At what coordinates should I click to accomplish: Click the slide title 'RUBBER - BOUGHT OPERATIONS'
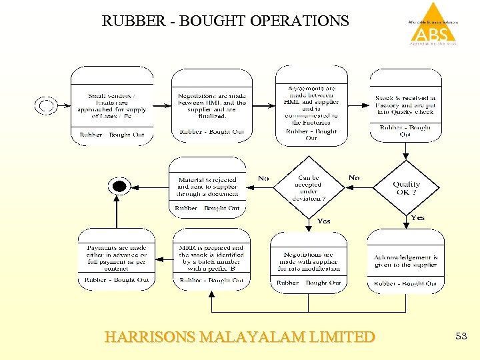pyautogui.click(x=225, y=21)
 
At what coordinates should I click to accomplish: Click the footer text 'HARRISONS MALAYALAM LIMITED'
pyautogui.click(x=240, y=337)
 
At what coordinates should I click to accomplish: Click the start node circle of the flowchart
pyautogui.click(x=46, y=105)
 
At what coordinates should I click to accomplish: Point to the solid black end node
pyautogui.click(x=119, y=186)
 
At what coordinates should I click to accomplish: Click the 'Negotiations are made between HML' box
pyautogui.click(x=211, y=105)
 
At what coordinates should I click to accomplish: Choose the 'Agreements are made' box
pyautogui.click(x=311, y=105)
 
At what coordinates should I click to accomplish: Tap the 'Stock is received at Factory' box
pyautogui.click(x=405, y=105)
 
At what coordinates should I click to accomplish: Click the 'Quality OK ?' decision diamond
pyautogui.click(x=406, y=187)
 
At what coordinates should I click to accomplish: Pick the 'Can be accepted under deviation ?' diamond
pyautogui.click(x=308, y=187)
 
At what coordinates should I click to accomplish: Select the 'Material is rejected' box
pyautogui.click(x=207, y=187)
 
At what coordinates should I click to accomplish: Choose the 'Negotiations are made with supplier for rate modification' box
pyautogui.click(x=308, y=261)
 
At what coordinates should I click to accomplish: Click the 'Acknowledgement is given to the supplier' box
pyautogui.click(x=405, y=261)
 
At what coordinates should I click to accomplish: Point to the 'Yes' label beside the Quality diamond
pyautogui.click(x=418, y=218)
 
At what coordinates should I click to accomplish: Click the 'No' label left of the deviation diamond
pyautogui.click(x=263, y=179)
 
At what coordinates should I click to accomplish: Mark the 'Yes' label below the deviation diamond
pyautogui.click(x=323, y=221)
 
